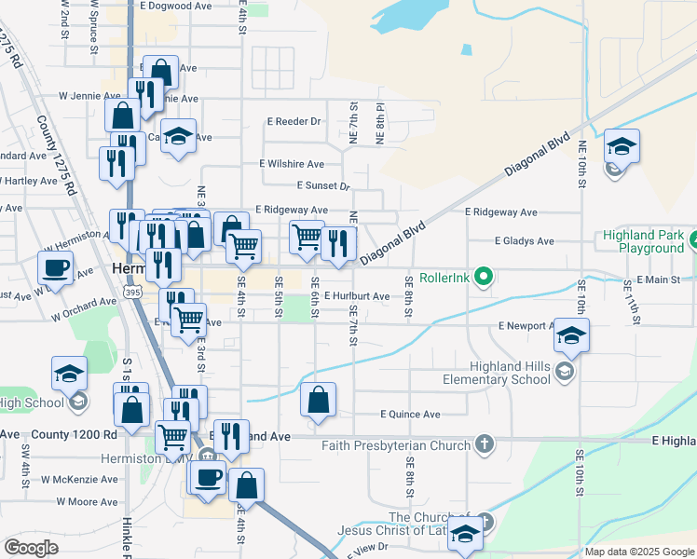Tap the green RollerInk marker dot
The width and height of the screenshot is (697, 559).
point(483,277)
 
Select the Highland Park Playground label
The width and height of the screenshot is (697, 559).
point(644,242)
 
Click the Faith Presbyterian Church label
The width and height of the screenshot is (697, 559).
point(396,445)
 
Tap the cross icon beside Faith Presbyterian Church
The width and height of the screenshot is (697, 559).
point(483,444)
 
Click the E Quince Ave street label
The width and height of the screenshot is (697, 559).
point(410,414)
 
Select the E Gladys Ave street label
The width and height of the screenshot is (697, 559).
point(524,241)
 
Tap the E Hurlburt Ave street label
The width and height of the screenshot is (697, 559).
point(357,296)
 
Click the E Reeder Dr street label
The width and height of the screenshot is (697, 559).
point(294,122)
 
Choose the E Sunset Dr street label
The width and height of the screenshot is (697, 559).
point(322,186)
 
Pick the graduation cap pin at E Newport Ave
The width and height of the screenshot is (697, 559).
point(571,334)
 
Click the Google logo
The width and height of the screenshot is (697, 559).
point(31,548)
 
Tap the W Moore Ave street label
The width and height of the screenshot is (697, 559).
point(87,501)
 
